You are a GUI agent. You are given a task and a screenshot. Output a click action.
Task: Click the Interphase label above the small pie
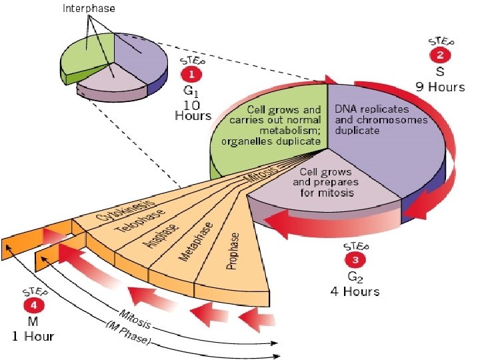point(89,9)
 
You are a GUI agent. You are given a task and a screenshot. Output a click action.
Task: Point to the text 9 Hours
point(441,87)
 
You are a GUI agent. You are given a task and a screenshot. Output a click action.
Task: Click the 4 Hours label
point(355,291)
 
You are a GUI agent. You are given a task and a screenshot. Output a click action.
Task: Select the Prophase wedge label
point(233,252)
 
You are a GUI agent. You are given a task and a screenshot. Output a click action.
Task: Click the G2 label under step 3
point(355,277)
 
